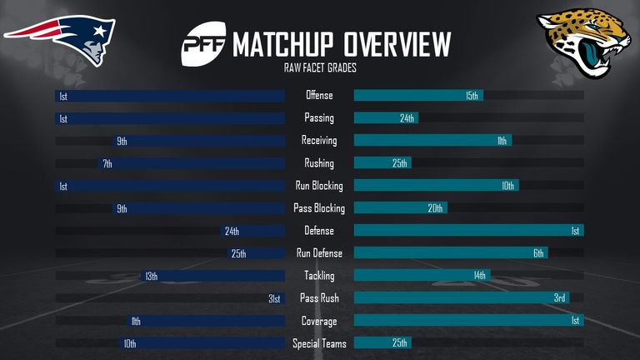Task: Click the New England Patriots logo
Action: [62, 37]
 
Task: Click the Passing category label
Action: [319, 118]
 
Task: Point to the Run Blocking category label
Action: [319, 186]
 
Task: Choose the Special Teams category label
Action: [319, 343]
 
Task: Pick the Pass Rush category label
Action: [319, 298]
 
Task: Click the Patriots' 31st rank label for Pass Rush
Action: [274, 298]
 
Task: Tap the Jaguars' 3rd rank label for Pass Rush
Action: [560, 298]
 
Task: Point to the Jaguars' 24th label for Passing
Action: [407, 118]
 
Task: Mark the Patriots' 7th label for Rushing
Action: [107, 163]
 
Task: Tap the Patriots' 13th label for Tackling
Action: [151, 276]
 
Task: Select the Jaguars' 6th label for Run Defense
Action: [538, 253]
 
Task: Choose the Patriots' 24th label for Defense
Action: [231, 231]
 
